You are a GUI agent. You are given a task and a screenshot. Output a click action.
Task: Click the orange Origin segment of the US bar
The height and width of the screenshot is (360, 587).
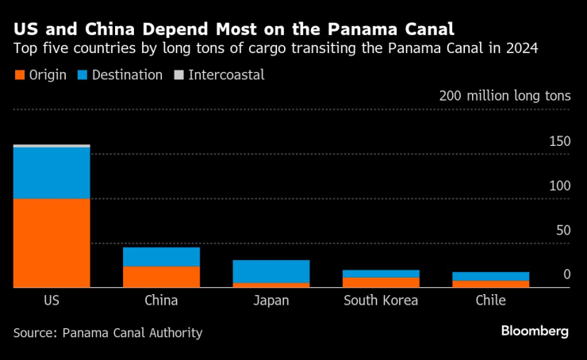coord(52,243)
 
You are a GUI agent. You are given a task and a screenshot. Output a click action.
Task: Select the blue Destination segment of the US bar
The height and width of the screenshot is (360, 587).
coord(52,173)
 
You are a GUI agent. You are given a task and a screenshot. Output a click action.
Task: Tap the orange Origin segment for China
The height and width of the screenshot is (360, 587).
coord(161,277)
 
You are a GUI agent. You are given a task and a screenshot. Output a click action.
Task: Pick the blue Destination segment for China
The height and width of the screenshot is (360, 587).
coord(161,257)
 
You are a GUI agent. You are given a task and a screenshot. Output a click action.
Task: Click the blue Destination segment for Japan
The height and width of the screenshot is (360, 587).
coord(271,271)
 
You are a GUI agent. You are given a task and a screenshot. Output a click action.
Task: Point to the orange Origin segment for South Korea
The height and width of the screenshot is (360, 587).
coord(381,282)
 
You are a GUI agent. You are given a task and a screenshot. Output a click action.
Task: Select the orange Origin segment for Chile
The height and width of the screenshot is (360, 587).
coord(490,284)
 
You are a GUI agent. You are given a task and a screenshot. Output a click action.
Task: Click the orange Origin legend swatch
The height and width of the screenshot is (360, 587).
coord(19,75)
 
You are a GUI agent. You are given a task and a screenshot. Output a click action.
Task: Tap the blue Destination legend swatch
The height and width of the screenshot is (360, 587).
coord(83,75)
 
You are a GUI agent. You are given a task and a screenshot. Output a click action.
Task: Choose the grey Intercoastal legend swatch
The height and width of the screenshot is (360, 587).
coord(179,75)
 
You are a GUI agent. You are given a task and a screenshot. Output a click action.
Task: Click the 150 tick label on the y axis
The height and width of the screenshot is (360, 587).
coord(559,141)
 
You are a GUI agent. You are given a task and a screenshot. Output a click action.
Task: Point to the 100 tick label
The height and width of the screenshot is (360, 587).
coord(559,186)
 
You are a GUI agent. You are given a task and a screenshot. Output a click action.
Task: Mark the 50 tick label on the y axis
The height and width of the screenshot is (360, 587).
coord(562,230)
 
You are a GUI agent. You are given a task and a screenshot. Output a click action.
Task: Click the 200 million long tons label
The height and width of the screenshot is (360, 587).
coord(505,96)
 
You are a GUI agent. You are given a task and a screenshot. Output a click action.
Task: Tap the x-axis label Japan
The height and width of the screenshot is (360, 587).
coord(271,301)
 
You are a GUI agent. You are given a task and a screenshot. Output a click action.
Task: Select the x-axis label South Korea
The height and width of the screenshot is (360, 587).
coord(381,301)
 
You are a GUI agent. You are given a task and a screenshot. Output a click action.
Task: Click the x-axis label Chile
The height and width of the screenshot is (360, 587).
coord(490,301)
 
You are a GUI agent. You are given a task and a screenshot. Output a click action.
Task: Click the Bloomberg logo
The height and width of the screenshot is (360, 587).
coord(535,331)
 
